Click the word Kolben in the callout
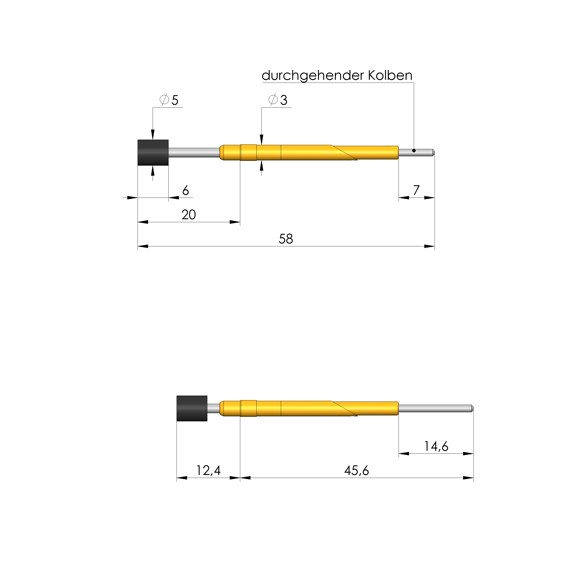click(x=390, y=76)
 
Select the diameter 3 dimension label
click(x=278, y=100)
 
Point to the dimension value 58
click(x=286, y=239)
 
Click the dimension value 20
click(x=189, y=215)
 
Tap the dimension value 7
click(x=416, y=190)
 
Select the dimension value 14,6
click(x=436, y=447)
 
